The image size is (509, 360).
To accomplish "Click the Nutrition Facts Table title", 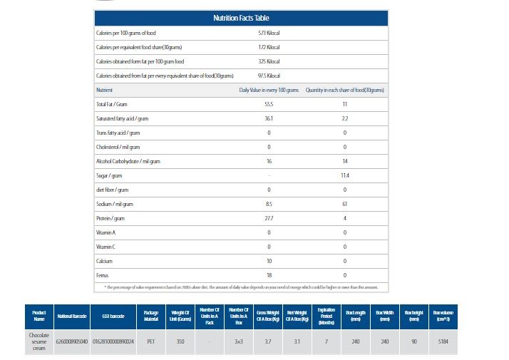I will coord(241,18).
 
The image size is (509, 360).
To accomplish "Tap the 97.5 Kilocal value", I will coord(269,76).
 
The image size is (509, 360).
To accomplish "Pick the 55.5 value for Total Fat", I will coord(269,104).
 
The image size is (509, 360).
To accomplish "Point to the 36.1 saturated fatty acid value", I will coord(269,118).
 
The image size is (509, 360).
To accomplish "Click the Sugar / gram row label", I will coord(110,175).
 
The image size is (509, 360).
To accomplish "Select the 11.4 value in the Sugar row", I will coord(345,175).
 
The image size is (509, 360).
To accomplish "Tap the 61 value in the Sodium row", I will coord(345,204).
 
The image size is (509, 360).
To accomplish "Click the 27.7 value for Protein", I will coord(269,218).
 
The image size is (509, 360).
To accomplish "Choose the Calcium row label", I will coord(104,261).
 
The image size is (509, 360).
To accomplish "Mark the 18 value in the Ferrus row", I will coord(269,275).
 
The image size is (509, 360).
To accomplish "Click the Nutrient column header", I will coord(104,91).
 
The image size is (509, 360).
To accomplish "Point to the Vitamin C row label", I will coord(106,247).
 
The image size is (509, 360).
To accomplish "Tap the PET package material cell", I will coord(151,341).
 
